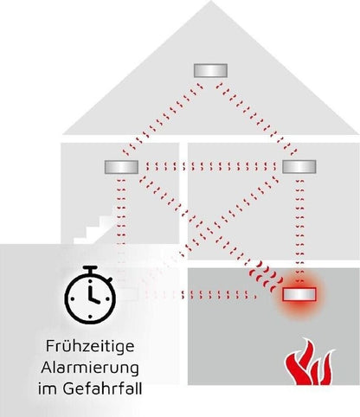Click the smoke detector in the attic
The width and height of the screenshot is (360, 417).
pos(210,70)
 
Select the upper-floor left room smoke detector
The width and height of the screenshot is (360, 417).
pos(121,167)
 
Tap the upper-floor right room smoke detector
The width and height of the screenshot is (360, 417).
pos(299,167)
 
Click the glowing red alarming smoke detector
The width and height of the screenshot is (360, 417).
pos(299,294)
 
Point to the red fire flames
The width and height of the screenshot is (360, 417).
pos(310,362)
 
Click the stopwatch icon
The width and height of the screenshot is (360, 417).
pos(90,294)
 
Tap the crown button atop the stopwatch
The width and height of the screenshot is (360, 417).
pos(92,270)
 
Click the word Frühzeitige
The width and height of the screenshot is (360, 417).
pos(90,346)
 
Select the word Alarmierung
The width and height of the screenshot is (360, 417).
pos(90,368)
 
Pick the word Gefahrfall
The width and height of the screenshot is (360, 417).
pos(102,388)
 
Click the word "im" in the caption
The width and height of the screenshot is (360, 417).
pos(48,388)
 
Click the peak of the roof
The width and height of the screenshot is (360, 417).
pos(211,1)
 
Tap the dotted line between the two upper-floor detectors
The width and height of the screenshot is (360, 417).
pos(210,166)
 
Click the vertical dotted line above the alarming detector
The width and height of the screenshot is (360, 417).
pos(300,231)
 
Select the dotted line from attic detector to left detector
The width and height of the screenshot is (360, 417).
pos(163,119)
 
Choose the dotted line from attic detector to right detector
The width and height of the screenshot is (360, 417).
pos(257,119)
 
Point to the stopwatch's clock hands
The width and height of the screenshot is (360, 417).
pos(93,295)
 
